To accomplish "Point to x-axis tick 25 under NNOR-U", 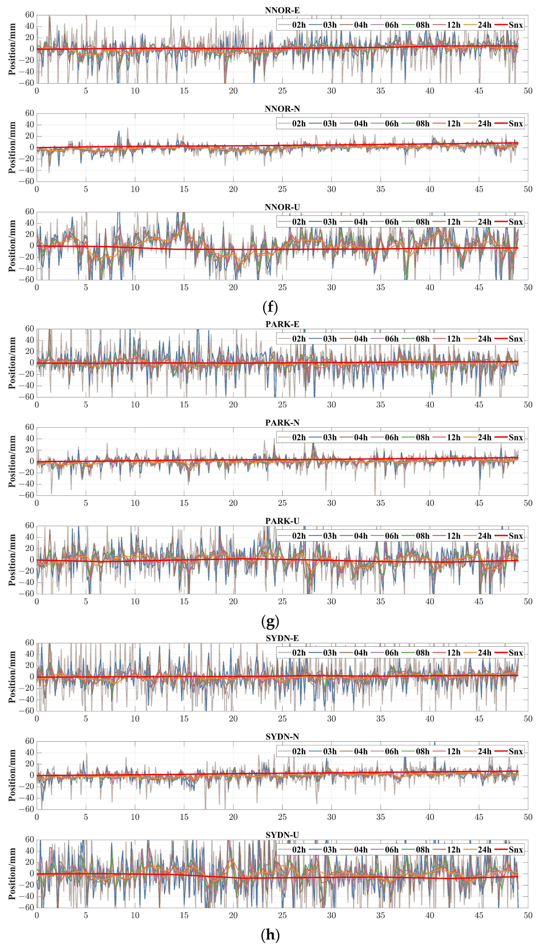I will (282, 287).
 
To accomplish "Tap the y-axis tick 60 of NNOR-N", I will (30, 113).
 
